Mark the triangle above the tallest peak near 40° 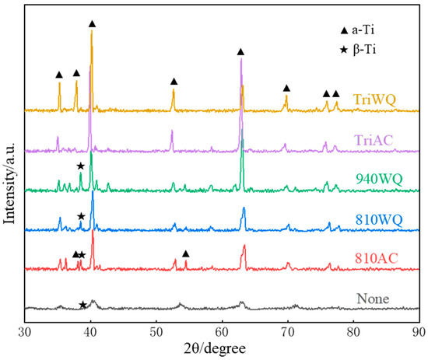(93, 24)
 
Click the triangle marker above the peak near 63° (240, 51)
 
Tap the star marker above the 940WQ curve (81, 166)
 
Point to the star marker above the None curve (83, 305)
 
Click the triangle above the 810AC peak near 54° (186, 253)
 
